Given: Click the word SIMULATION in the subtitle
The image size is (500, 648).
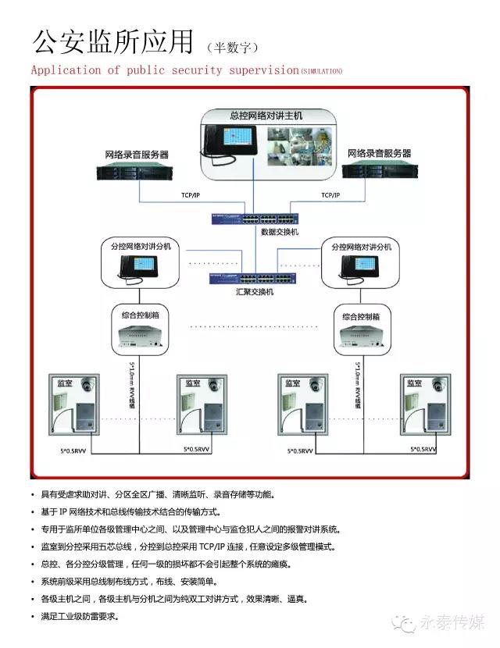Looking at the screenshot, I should pyautogui.click(x=322, y=71).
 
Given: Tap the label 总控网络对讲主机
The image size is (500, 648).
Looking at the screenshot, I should pyautogui.click(x=266, y=116).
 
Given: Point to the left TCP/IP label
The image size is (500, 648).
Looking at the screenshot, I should pyautogui.click(x=191, y=194).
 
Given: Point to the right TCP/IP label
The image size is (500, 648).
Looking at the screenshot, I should pyautogui.click(x=331, y=194).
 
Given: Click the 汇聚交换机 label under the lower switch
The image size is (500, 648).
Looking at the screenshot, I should pyautogui.click(x=255, y=292).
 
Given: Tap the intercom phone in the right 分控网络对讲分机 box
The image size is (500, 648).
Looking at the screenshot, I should pyautogui.click(x=360, y=268).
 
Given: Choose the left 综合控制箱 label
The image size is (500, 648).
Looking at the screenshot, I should pyautogui.click(x=141, y=316).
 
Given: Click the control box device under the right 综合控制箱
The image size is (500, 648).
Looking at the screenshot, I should pyautogui.click(x=362, y=336).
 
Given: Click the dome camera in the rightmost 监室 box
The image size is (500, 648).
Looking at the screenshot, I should pyautogui.click(x=439, y=385).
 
